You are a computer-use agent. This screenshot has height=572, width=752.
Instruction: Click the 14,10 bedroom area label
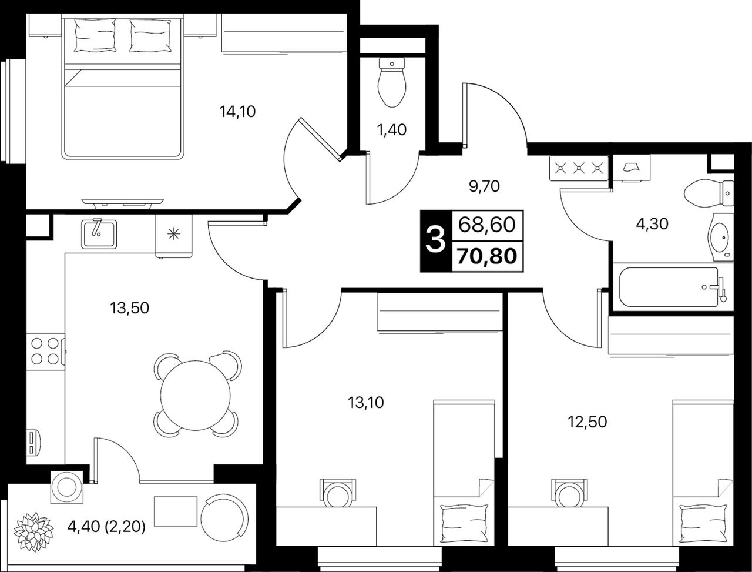(x=237, y=112)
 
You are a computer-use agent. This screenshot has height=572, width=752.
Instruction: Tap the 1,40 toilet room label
(x=392, y=130)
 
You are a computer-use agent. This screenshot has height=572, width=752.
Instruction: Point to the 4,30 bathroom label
(x=652, y=224)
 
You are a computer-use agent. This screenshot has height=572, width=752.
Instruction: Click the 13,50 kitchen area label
(x=129, y=308)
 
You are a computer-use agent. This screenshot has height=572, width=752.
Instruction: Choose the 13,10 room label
(x=366, y=403)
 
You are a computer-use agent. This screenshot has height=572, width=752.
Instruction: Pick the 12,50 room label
(x=587, y=422)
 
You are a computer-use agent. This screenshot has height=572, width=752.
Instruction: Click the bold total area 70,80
(x=487, y=256)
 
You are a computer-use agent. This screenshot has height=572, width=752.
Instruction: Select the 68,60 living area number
(x=487, y=225)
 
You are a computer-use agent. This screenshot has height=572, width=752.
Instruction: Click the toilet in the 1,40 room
(x=392, y=82)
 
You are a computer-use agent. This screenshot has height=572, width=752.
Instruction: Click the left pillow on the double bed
(x=95, y=35)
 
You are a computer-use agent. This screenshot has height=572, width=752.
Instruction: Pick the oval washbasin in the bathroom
(x=719, y=237)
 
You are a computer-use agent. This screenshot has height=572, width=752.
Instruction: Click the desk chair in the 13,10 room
(x=338, y=493)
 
